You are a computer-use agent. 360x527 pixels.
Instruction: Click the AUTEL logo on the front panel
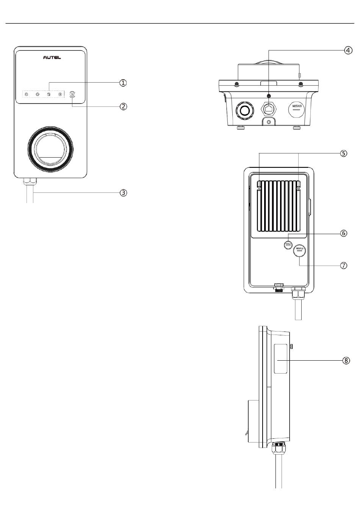[52, 58]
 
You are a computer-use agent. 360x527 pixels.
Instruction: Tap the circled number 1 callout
[123, 83]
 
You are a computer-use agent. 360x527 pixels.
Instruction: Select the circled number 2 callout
[123, 106]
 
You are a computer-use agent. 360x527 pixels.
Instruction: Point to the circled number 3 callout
[123, 192]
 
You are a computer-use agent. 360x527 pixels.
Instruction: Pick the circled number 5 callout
[343, 153]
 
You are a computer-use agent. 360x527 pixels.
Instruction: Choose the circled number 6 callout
[344, 233]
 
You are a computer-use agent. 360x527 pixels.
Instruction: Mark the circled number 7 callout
[344, 266]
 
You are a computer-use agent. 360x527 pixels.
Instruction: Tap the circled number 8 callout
[346, 360]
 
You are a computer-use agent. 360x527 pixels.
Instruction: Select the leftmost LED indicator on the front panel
[26, 94]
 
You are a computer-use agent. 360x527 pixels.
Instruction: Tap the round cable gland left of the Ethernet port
[244, 110]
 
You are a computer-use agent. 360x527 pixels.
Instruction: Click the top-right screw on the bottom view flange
[301, 84]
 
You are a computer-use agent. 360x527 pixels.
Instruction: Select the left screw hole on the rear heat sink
[259, 188]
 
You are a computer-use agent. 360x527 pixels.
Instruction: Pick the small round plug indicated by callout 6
[288, 245]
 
